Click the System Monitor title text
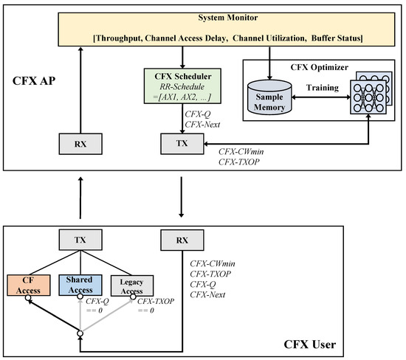pyautogui.click(x=228, y=18)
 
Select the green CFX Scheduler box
pyautogui.click(x=182, y=86)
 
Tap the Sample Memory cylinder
pyautogui.click(x=269, y=97)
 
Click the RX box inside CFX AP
pyautogui.click(x=80, y=144)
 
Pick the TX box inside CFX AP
pyautogui.click(x=182, y=144)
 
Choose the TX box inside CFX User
pyautogui.click(x=80, y=240)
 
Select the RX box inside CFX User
pyautogui.click(x=182, y=240)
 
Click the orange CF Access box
pyautogui.click(x=29, y=285)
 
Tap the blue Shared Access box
pyautogui.click(x=80, y=285)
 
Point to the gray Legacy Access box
pyautogui.click(x=132, y=285)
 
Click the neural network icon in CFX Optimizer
pyautogui.click(x=371, y=93)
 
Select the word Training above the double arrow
pyautogui.click(x=323, y=88)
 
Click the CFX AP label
pyautogui.click(x=34, y=81)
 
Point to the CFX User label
pyautogui.click(x=310, y=345)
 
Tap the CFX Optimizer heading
pyautogui.click(x=319, y=67)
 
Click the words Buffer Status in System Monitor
pyautogui.click(x=336, y=38)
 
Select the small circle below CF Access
pyautogui.click(x=28, y=298)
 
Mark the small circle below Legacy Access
pyautogui.click(x=133, y=297)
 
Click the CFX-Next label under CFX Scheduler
pyautogui.click(x=202, y=125)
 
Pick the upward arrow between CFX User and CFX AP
pyautogui.click(x=80, y=198)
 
